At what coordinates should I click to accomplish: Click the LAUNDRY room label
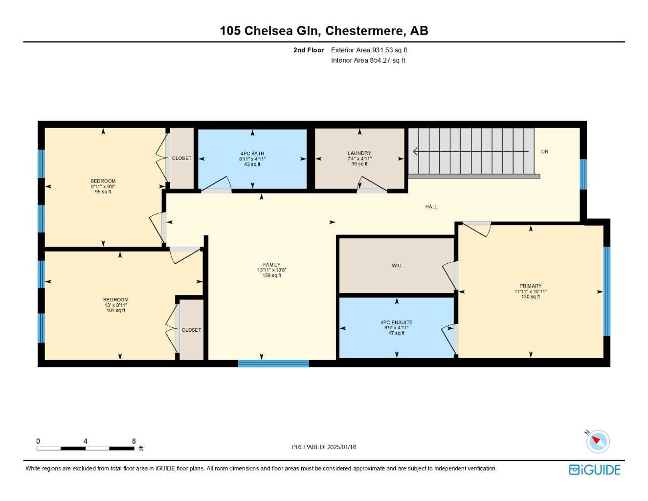pos(359,153)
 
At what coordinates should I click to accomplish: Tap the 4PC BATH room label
pos(252,153)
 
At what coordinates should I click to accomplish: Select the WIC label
pos(397,266)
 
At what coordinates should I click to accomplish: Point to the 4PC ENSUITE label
pos(396,322)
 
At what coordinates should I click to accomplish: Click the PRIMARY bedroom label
pos(531,286)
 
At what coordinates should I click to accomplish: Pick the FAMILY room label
pos(272,265)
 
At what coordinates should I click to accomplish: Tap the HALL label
pos(431,206)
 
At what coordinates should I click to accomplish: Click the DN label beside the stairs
pos(545,152)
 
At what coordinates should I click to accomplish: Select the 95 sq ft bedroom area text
pos(103,192)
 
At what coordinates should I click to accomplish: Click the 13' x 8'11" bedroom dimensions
pos(116,305)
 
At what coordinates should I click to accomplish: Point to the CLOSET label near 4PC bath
pos(182,158)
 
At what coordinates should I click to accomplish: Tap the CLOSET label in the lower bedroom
pos(192,330)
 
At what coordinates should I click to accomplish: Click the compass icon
pos(598,441)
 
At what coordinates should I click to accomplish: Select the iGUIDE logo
pos(595,470)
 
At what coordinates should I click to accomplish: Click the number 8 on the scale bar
pos(134,441)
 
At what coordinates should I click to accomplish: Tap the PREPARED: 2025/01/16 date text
pos(324,447)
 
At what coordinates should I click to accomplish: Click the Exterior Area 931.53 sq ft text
pos(369,50)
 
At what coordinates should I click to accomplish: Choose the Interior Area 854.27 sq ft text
pos(368,60)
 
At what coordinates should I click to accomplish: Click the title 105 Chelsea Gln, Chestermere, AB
pos(324,30)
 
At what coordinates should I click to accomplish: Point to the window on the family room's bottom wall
pos(273,364)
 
